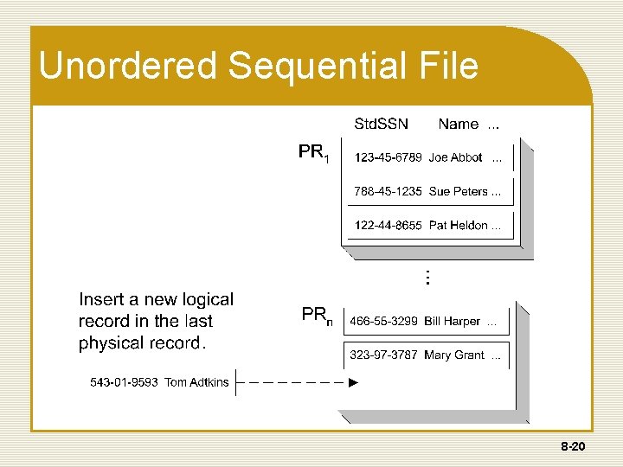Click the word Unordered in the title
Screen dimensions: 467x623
click(x=118, y=66)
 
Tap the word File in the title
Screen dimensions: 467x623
click(x=446, y=66)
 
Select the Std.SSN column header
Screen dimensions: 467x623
click(x=382, y=124)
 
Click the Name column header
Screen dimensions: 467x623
click(x=459, y=124)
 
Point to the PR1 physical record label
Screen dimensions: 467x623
click(x=313, y=154)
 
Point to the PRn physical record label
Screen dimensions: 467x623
click(x=316, y=316)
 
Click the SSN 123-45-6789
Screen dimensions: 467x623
click(x=388, y=158)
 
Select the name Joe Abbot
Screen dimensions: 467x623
click(x=455, y=158)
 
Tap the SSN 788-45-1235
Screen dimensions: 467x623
click(x=388, y=191)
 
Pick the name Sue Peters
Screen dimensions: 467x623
click(x=459, y=191)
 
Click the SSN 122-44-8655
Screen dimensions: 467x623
click(x=388, y=225)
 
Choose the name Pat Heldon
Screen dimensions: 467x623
click(x=459, y=225)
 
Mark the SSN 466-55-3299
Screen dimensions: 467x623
click(x=383, y=321)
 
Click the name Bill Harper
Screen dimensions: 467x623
click(x=452, y=321)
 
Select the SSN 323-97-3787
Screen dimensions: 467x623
click(x=383, y=355)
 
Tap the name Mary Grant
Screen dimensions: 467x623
click(x=454, y=355)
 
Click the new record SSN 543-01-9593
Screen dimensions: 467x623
click(x=124, y=382)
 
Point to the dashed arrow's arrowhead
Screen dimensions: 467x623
click(x=353, y=382)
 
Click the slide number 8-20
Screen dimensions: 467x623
click(x=574, y=448)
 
